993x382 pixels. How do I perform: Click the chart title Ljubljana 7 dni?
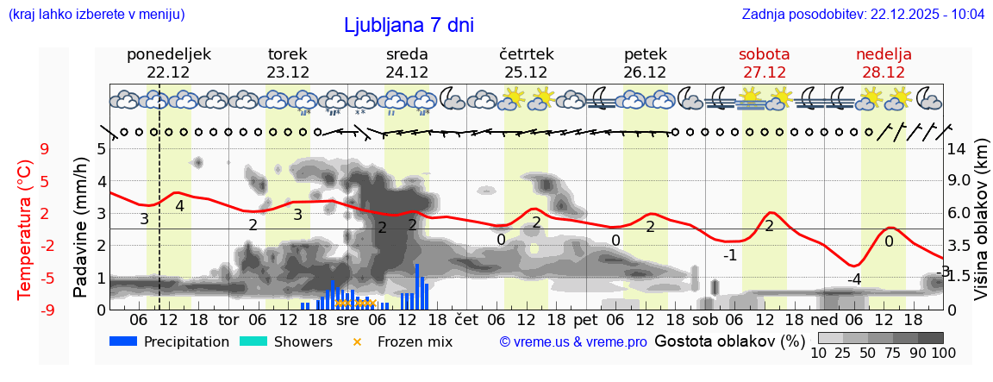(x=409, y=26)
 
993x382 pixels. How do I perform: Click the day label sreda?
(x=407, y=54)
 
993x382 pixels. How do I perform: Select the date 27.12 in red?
(x=764, y=72)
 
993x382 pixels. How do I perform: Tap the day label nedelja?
(x=884, y=54)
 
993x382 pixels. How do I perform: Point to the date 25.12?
(x=526, y=72)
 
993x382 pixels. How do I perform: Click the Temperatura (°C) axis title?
(x=26, y=229)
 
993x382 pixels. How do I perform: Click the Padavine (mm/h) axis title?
(x=81, y=228)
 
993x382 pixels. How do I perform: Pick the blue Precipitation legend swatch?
(x=124, y=341)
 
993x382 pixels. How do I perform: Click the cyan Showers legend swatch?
(x=253, y=341)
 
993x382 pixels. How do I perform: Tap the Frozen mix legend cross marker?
(x=357, y=341)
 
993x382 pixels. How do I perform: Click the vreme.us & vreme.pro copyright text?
(x=573, y=341)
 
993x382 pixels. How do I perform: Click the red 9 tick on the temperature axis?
(x=45, y=149)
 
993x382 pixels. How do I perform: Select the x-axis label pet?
(x=585, y=319)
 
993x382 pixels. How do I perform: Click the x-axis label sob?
(x=704, y=319)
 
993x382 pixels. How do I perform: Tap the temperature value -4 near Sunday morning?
(x=853, y=279)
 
